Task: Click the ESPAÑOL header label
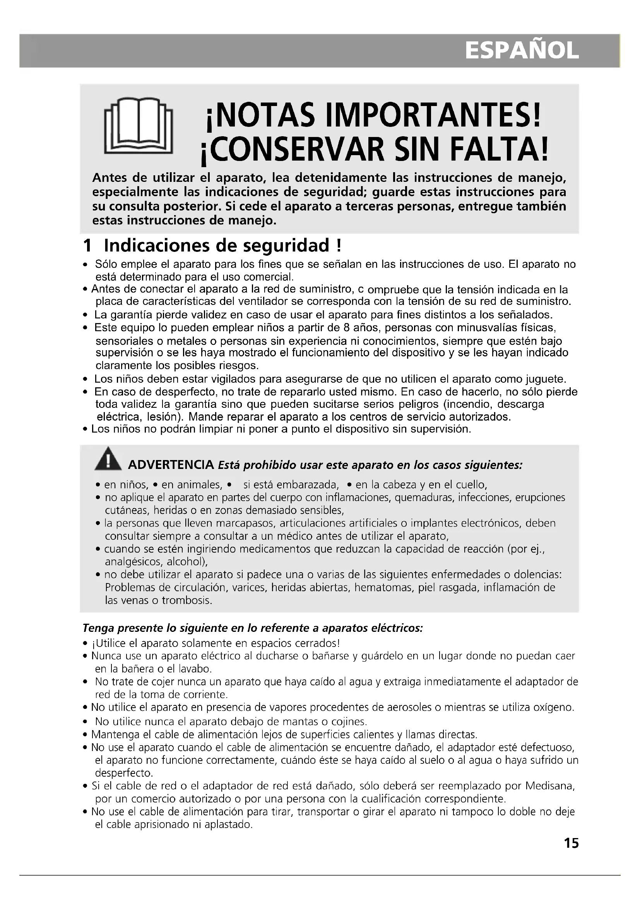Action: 522,51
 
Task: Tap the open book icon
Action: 138,126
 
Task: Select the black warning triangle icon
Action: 108,460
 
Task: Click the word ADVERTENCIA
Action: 171,465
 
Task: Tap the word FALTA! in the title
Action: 499,150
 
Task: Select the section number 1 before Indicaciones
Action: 87,246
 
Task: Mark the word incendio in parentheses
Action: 466,404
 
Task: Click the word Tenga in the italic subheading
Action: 99,628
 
